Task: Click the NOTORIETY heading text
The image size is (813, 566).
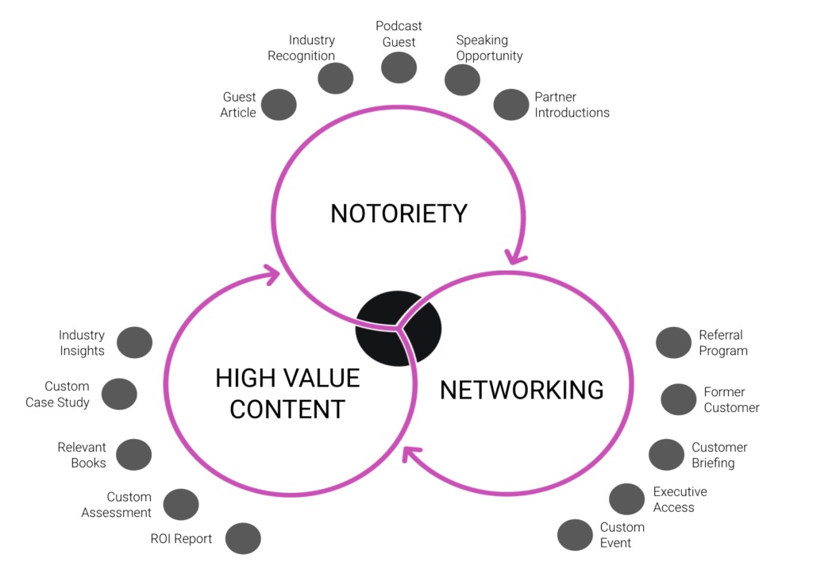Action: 399,214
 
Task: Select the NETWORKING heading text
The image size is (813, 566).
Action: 522,390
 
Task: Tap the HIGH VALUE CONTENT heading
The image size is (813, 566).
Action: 287,393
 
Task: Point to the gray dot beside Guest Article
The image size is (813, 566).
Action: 279,105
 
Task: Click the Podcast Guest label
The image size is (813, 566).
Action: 399,34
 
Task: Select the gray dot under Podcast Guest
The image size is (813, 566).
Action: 399,67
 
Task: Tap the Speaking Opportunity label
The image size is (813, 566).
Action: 489,48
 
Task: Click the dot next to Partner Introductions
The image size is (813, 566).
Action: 511,105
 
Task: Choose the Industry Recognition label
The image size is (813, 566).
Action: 301,48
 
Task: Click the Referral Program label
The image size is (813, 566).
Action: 722,343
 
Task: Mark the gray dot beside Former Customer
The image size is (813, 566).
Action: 678,399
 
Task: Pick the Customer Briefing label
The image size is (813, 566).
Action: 719,455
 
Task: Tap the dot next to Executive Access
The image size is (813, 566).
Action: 626,499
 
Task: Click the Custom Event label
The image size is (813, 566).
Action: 622,535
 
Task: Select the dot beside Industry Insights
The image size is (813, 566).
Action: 134,343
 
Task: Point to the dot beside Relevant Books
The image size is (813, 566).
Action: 133,455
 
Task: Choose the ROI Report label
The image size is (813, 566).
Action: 181,539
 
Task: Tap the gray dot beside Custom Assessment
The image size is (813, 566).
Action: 181,505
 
